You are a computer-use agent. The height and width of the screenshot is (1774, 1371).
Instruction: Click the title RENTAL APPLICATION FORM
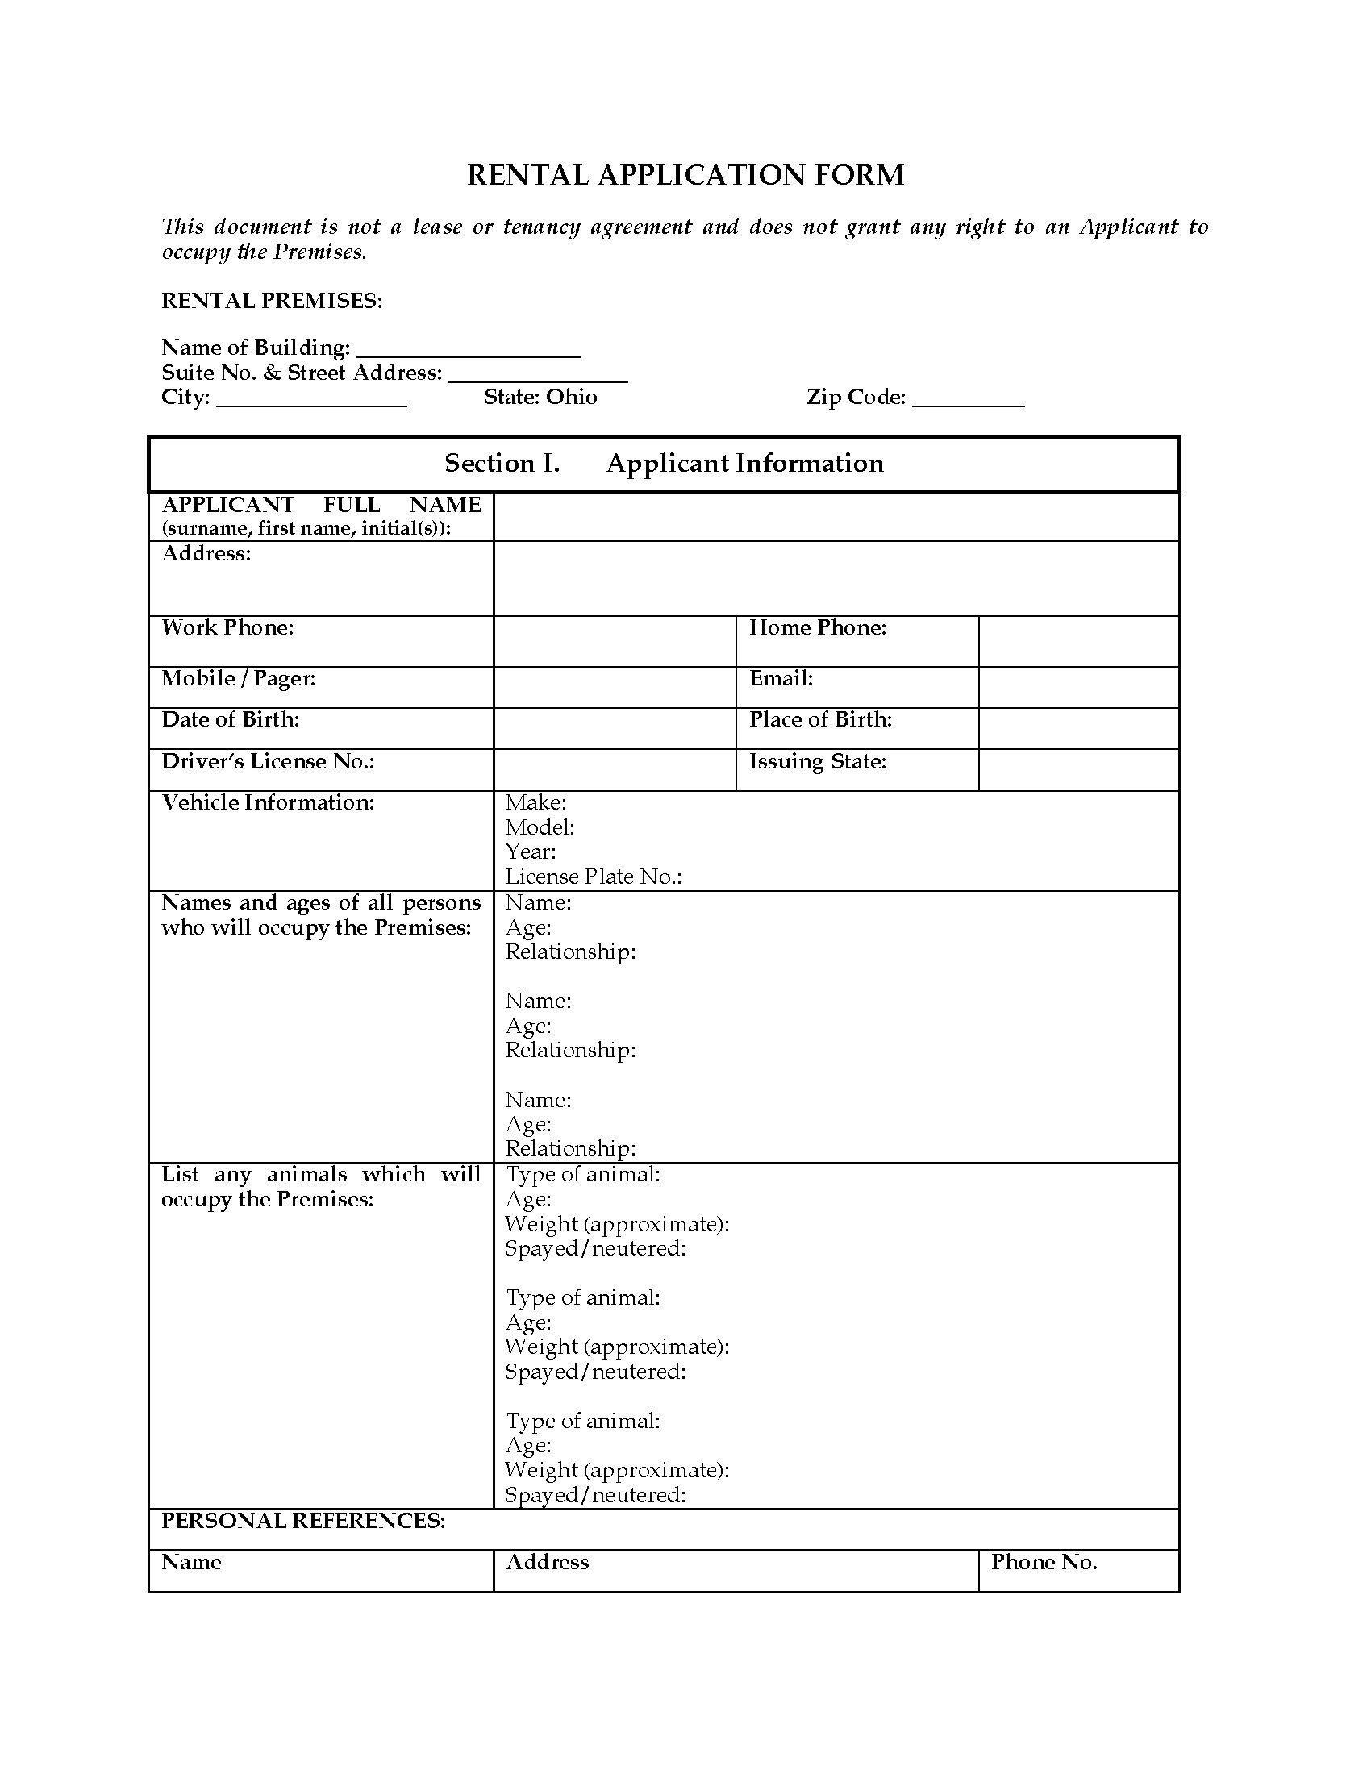point(685,176)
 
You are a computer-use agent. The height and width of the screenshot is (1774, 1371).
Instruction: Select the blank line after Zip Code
point(967,400)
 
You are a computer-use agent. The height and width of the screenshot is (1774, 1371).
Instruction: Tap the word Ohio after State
point(571,398)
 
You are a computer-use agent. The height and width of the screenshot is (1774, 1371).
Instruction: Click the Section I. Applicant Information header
point(664,464)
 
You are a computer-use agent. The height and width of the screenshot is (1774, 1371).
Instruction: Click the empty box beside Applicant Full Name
point(836,517)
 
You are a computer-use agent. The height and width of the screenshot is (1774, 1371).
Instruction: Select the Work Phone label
point(227,628)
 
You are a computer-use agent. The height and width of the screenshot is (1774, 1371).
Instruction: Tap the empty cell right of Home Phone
point(1077,641)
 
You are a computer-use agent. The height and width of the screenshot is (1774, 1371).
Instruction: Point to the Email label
point(781,679)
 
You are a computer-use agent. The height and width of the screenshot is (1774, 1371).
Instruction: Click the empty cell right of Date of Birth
point(614,728)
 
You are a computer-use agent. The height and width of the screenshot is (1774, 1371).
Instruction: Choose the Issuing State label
point(817,762)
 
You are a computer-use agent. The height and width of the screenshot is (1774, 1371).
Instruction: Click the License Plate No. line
point(593,877)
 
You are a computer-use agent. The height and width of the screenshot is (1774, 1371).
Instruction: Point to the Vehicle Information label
point(268,803)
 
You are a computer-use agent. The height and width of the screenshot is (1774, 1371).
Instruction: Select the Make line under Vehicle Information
point(536,803)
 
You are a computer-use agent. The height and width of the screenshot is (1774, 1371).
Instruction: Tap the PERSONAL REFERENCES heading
point(303,1521)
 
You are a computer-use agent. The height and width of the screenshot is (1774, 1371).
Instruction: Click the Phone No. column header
point(1044,1562)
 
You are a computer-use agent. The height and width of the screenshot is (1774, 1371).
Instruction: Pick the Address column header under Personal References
point(548,1562)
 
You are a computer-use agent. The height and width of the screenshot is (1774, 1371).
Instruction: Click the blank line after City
point(311,400)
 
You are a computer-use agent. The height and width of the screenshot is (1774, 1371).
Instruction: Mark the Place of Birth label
point(820,720)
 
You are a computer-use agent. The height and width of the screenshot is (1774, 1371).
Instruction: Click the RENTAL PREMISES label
point(271,302)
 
